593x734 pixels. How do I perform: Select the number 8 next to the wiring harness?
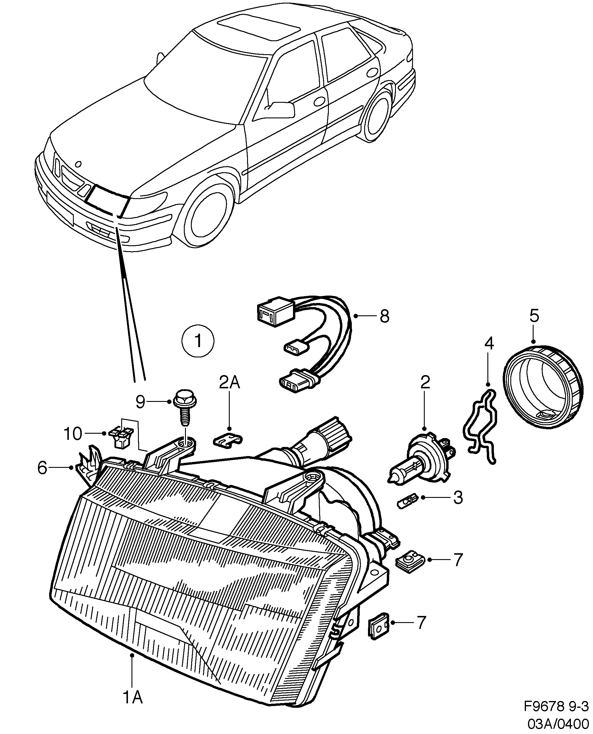tap(384, 317)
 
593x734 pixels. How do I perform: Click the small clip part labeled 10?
tap(120, 438)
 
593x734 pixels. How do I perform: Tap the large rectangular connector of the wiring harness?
tap(275, 310)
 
